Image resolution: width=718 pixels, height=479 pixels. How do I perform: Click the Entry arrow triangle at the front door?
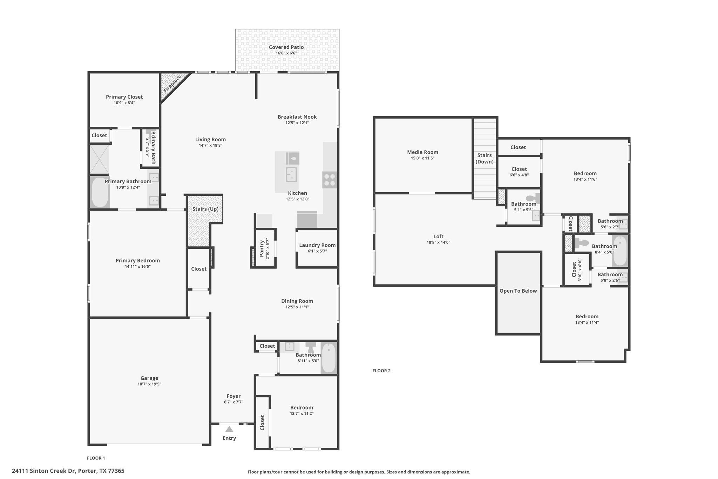[x=229, y=429]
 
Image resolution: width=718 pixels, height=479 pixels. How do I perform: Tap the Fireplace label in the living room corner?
[x=172, y=84]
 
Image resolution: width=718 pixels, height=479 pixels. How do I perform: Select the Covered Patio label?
[x=286, y=47]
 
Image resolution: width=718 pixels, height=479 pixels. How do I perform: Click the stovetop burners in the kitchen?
[x=330, y=179]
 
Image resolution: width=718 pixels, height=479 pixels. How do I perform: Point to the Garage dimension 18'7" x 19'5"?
[x=149, y=384]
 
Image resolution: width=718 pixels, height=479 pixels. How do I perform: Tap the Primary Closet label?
[x=124, y=97]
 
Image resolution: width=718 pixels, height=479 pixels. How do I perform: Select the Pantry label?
[x=262, y=248]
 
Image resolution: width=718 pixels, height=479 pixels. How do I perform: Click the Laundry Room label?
[x=317, y=245]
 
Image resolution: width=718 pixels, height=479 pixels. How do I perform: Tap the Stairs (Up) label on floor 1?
[x=205, y=209]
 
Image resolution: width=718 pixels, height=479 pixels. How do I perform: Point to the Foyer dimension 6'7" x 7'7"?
[x=233, y=402]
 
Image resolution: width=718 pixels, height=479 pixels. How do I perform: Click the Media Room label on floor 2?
[x=423, y=152]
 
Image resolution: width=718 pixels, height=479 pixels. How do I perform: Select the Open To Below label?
[x=518, y=291]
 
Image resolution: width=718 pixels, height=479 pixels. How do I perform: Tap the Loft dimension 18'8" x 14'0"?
[x=438, y=242]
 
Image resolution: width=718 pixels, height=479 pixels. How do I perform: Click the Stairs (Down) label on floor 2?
[x=485, y=158]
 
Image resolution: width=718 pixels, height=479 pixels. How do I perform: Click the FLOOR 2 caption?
[x=381, y=371]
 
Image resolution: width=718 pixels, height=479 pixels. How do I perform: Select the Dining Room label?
[x=297, y=301]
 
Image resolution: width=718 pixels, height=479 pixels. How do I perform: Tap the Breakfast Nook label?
[x=297, y=117]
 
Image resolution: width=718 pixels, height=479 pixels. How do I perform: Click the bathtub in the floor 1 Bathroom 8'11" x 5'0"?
[x=329, y=358]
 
